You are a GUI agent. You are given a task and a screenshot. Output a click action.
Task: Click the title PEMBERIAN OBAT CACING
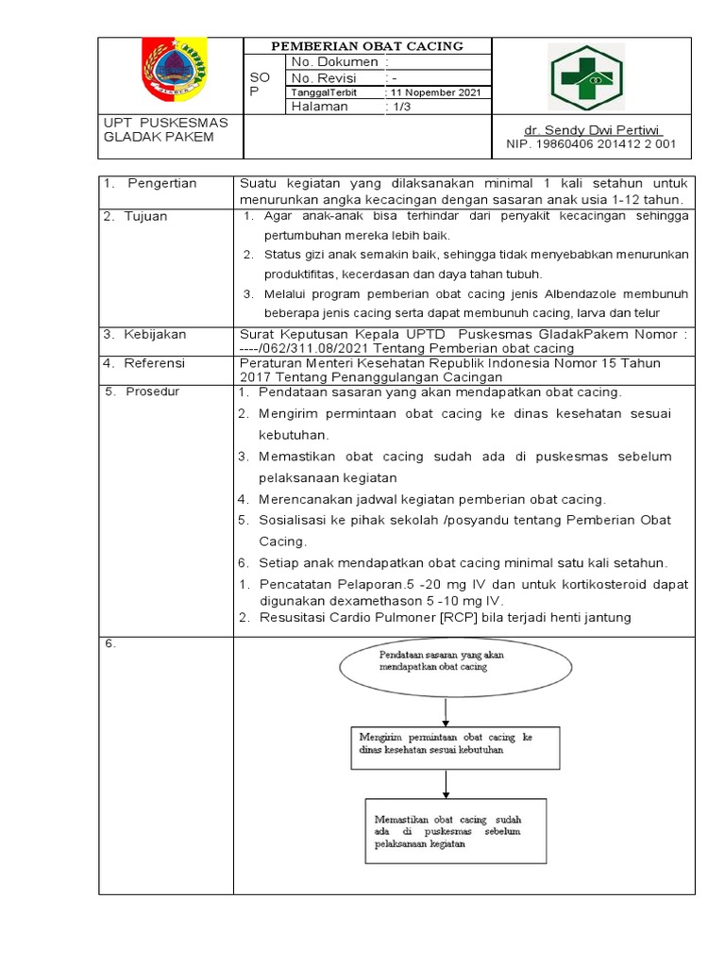(367, 46)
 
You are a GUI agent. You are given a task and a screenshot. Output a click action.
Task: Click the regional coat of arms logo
(173, 72)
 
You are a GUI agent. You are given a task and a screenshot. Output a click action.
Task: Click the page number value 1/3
(402, 107)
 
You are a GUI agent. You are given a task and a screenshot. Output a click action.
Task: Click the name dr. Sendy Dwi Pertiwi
(593, 129)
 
